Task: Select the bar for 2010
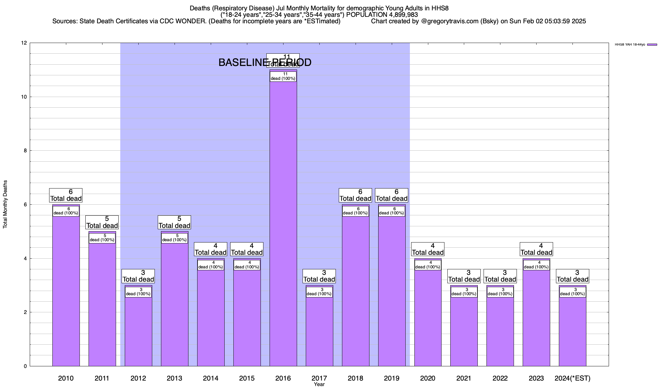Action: click(66, 291)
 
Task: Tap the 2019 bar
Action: click(392, 291)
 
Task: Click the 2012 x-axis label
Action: click(138, 378)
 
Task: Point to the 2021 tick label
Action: click(464, 378)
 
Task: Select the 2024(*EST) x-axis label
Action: click(572, 378)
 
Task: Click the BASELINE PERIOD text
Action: click(265, 62)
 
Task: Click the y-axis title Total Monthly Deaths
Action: click(5, 204)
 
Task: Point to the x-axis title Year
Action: click(319, 384)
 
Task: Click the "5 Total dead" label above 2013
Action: click(175, 222)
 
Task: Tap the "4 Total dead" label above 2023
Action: click(536, 249)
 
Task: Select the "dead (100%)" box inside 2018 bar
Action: click(356, 211)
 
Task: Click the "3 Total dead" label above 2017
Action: click(319, 276)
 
